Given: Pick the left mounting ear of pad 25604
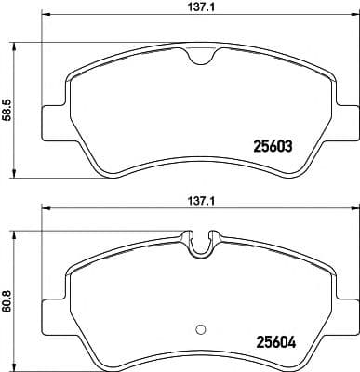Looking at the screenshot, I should pos(51,308).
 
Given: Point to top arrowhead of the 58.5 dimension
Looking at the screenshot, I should pos(15,44).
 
